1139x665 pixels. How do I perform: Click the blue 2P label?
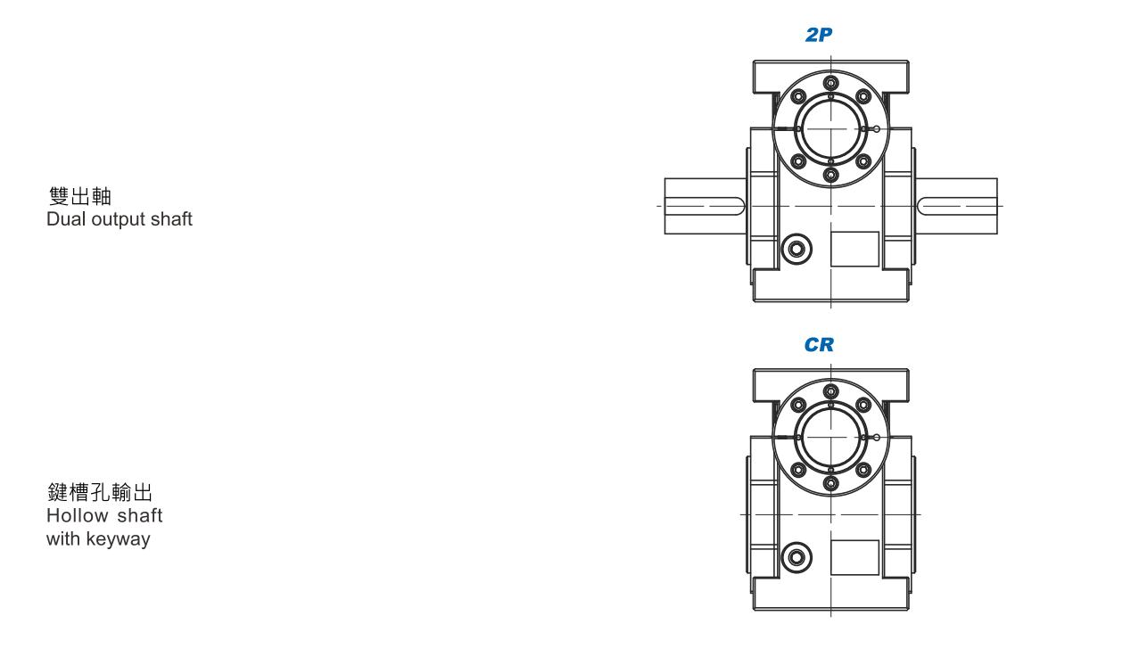819,35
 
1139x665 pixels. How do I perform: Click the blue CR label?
819,345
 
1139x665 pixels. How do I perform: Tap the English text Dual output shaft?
119,219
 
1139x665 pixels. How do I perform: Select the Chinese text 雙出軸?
80,196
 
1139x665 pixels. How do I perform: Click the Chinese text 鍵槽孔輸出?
100,492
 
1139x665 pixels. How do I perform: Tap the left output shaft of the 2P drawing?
706,206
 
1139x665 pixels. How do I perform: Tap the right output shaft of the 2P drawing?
956,206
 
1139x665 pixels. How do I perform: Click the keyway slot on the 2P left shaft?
705,206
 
